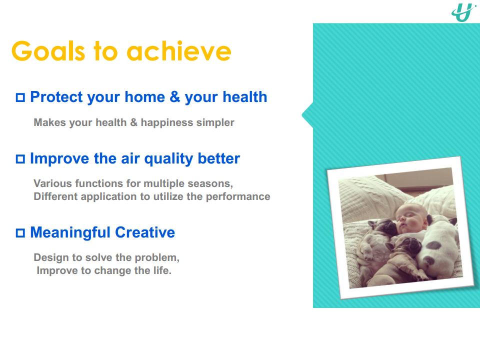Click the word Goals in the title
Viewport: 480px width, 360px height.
48,51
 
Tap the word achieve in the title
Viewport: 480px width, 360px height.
179,51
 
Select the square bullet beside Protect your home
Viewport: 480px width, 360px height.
20,97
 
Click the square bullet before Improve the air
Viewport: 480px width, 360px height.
20,159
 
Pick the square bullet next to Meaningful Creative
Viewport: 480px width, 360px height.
20,233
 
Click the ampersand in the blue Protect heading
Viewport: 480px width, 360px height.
175,96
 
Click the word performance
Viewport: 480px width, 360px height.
238,197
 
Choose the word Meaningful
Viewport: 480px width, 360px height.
70,232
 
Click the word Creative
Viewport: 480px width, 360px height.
145,232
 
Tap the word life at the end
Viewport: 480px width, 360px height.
162,270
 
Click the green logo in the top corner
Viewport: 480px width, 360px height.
463,12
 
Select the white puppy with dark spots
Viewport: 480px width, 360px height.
438,248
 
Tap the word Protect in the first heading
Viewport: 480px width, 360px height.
56,97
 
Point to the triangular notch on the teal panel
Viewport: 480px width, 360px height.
307,115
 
